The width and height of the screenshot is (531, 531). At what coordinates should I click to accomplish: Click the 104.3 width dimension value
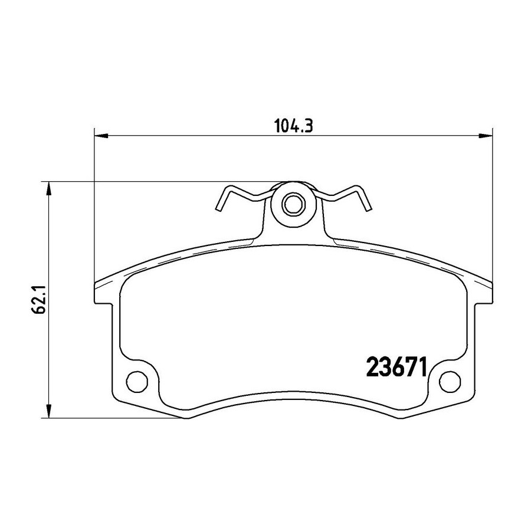[x=293, y=126]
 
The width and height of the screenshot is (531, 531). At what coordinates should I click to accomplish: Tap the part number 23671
[x=396, y=368]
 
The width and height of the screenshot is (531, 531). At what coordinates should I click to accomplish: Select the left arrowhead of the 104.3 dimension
[x=100, y=136]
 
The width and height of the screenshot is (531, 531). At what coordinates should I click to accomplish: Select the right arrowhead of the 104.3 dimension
[x=486, y=136]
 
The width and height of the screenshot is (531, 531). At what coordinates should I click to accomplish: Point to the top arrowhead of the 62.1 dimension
[x=50, y=189]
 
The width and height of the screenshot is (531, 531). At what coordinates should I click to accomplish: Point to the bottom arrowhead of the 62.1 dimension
[x=50, y=411]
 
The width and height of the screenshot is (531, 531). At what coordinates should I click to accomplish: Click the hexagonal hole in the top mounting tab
[x=293, y=204]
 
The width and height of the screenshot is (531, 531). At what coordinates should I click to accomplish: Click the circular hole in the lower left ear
[x=137, y=381]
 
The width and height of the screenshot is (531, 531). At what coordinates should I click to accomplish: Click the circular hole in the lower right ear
[x=450, y=381]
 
